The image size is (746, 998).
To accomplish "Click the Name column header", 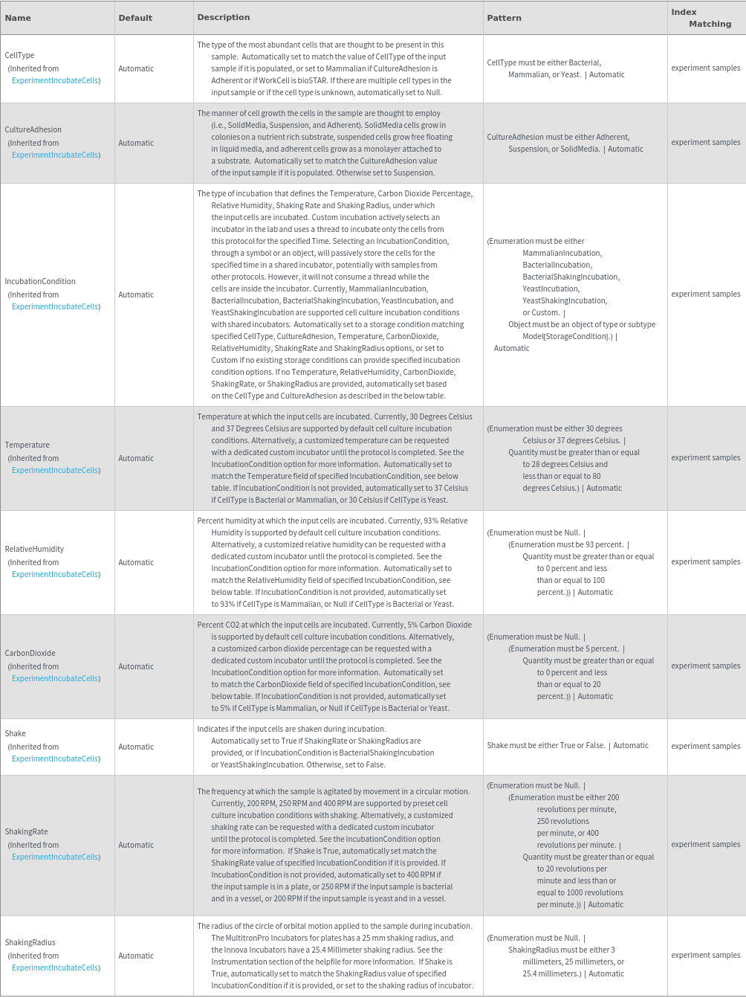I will point(18,18).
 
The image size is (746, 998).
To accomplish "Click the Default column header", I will point(135,18).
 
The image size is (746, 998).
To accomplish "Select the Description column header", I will point(223,17).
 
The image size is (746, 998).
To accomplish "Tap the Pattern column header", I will point(504,18).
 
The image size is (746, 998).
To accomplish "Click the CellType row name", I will point(19,55).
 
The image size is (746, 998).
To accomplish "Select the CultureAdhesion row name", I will point(33,129).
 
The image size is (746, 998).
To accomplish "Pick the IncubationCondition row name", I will point(40,281).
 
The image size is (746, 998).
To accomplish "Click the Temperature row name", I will point(27,445).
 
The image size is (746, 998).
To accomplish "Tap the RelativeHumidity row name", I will point(34,549).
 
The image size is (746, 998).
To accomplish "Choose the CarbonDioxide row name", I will point(30,653).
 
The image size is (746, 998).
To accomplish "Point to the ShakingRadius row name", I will point(30,942).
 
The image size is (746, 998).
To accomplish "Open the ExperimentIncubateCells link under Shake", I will point(56,759).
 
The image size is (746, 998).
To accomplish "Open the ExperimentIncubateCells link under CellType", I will point(56,80).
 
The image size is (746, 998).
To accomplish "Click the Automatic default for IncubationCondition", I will point(136,294).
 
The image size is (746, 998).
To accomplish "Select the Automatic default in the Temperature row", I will point(136,458).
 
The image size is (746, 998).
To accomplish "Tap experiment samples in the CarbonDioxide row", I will point(705,666).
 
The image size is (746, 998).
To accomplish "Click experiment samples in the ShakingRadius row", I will point(705,955).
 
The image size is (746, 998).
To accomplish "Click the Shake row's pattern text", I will point(568,745).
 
